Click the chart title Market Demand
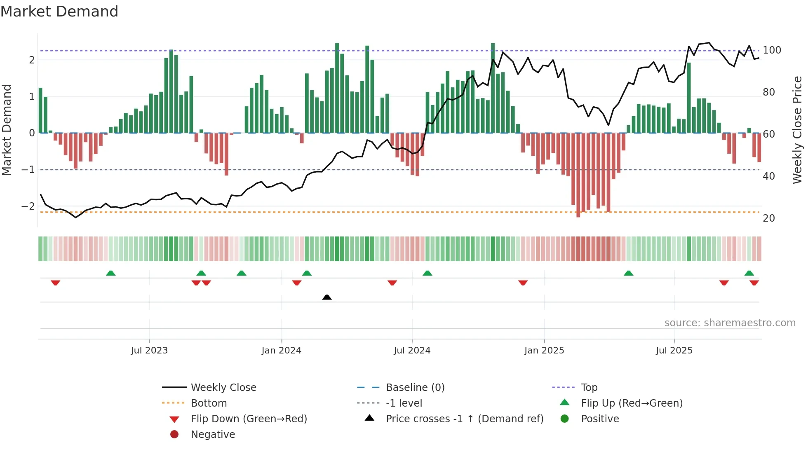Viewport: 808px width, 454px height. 59,12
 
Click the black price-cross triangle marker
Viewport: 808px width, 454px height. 327,297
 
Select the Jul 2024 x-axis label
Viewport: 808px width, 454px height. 412,351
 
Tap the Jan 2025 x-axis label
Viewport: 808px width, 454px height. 544,351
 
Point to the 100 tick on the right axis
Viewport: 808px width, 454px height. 772,50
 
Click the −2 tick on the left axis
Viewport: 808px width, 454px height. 28,206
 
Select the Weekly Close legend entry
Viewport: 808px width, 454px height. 223,388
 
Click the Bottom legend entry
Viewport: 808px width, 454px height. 209,403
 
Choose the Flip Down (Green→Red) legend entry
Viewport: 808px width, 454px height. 249,419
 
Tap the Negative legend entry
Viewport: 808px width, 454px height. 213,435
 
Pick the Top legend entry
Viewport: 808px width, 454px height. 589,388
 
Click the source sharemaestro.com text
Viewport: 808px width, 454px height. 730,323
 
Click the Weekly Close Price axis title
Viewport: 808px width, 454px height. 797,130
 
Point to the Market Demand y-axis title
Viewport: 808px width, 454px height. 7,130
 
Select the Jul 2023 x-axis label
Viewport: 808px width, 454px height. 149,351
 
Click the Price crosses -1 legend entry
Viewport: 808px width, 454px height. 464,419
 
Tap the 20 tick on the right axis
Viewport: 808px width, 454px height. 768,218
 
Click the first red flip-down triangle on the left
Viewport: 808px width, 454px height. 56,283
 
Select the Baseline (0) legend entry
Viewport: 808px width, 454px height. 415,388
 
